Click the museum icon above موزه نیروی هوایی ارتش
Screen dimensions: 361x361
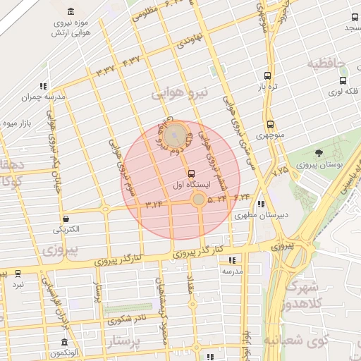[x=71, y=11]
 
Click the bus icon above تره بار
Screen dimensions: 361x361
[x=267, y=75]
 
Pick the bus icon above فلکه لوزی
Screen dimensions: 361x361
[x=342, y=81]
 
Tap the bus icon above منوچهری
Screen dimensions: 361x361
[x=270, y=124]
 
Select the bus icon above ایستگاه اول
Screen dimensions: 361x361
[x=191, y=173]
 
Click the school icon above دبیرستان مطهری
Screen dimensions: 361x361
[x=262, y=204]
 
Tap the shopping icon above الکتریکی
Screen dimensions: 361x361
[x=65, y=218]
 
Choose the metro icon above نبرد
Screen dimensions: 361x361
[x=17, y=274]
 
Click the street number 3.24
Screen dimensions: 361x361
[x=154, y=204]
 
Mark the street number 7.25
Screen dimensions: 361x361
[x=281, y=170]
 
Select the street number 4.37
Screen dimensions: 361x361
[x=132, y=61]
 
